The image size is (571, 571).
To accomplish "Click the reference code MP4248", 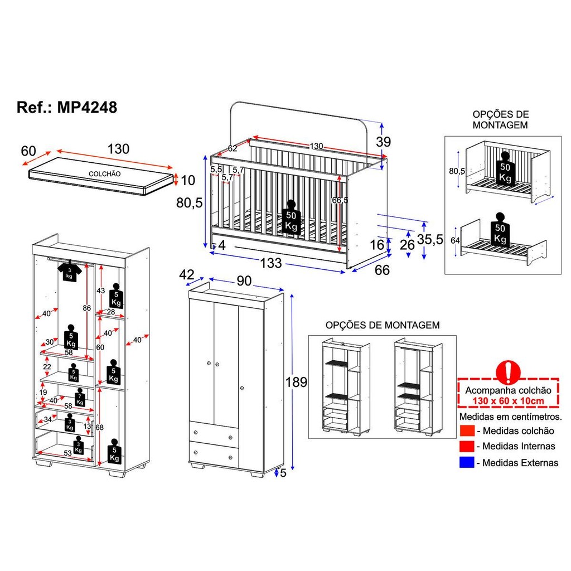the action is [87, 108].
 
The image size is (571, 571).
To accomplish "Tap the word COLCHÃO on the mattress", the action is [104, 174].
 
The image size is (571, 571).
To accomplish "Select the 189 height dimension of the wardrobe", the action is [296, 382].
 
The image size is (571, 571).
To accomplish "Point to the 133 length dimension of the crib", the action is [271, 263].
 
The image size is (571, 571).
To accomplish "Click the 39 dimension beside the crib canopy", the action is [384, 142].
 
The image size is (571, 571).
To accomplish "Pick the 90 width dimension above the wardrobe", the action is [244, 281].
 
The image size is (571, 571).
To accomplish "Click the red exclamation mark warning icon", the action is [508, 372].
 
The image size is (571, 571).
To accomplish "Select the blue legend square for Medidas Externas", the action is [467, 462].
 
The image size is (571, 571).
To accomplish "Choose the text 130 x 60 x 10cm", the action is [509, 401].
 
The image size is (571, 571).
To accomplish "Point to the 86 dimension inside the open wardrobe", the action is [86, 308].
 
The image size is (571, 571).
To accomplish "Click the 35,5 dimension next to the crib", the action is [430, 239].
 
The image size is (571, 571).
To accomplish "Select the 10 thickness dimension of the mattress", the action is [188, 180].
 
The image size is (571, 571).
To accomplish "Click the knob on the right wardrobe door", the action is [242, 388].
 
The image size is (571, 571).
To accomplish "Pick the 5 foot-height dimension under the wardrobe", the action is [283, 473].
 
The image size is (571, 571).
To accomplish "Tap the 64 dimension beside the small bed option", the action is [455, 241].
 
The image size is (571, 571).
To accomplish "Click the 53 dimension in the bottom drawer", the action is [67, 453].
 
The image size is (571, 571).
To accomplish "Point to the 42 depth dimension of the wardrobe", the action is [186, 274].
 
